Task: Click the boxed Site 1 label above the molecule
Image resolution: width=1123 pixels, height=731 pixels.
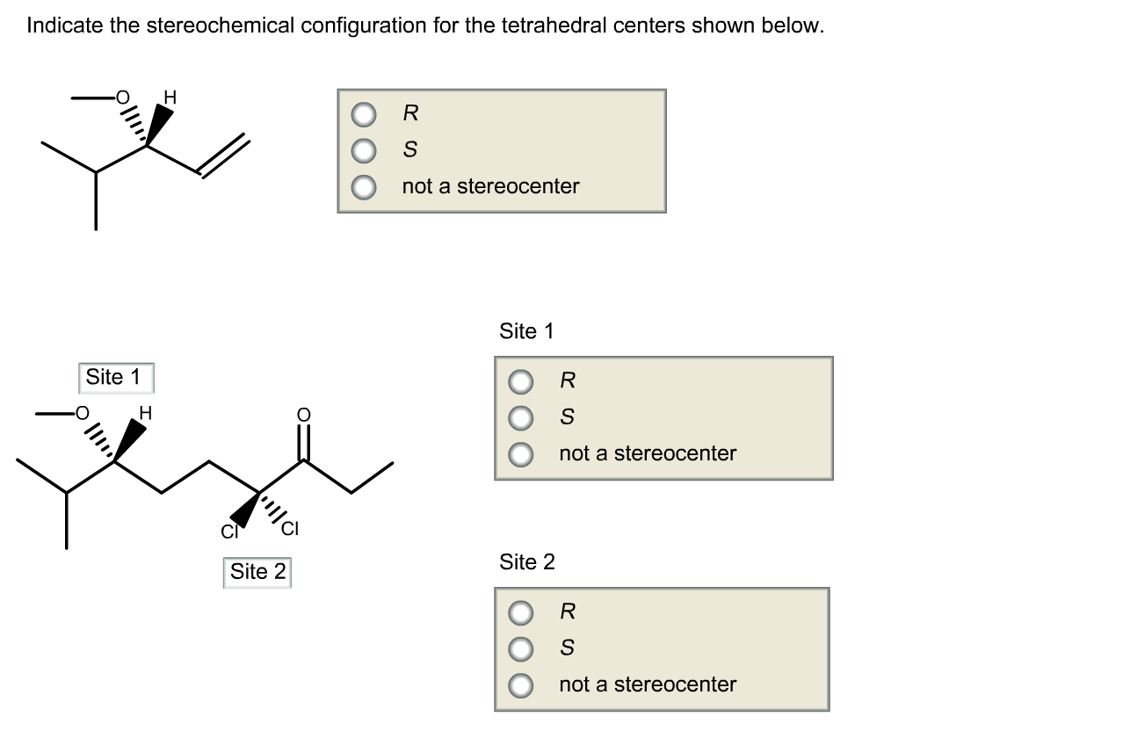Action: pos(114,378)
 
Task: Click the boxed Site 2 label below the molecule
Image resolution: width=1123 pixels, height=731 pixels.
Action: pos(257,572)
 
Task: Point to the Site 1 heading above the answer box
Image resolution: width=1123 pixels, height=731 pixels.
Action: pos(526,331)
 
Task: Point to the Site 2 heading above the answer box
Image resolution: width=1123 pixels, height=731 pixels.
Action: pos(526,562)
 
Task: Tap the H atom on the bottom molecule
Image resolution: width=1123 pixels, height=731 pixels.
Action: pos(145,412)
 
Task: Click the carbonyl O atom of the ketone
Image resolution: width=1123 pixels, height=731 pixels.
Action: pos(303,414)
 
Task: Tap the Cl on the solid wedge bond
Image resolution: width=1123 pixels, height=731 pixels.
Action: pos(228,531)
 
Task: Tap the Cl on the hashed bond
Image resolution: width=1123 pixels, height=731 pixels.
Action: pos(290,529)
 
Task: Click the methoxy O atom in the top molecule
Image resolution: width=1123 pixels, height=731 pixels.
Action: pos(122,97)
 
